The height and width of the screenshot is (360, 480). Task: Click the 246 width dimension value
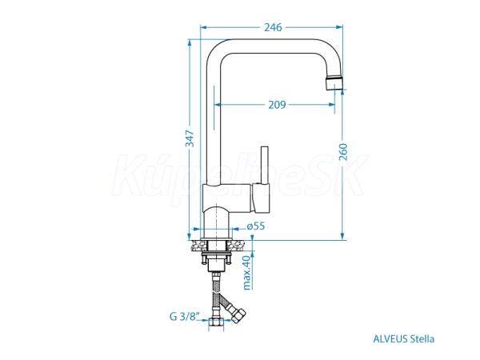pos(273,27)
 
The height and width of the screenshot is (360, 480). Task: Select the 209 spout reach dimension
pos(277,105)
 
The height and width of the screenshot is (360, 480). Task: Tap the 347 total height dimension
pos(190,139)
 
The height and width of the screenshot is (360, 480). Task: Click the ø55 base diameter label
pos(255,226)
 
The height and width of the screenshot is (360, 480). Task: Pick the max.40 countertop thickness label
pos(247,270)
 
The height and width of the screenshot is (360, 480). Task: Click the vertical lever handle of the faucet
pos(266,164)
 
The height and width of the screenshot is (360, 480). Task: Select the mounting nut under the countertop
pos(216,258)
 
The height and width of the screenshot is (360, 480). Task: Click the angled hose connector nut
pos(238,315)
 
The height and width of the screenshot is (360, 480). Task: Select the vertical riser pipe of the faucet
pos(211,120)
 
